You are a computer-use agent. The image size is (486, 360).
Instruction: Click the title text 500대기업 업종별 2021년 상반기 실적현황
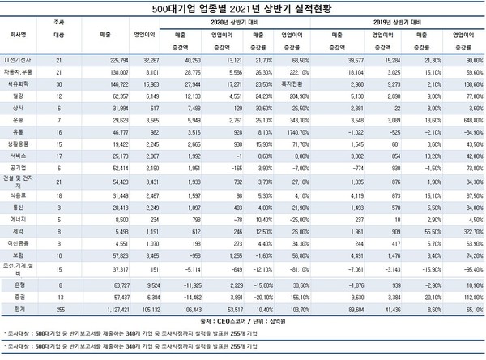coord(243,8)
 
